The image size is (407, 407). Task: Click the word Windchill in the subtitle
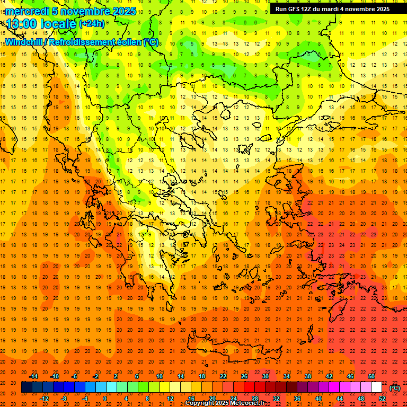tap(24, 41)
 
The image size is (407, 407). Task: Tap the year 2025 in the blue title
tap(123, 11)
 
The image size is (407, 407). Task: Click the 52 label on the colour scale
tap(382, 399)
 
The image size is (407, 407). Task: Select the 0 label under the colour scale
tap(105, 399)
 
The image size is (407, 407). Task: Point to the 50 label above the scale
tap(371, 376)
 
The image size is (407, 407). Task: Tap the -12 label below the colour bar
tap(44, 399)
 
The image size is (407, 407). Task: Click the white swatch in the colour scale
tap(376, 387)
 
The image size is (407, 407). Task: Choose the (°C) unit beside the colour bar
tap(395, 388)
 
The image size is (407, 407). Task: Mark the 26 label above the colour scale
tap(244, 376)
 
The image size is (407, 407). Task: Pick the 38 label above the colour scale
tap(308, 376)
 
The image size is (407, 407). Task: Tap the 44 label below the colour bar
tap(340, 399)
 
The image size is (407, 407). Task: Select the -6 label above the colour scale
tap(75, 376)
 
